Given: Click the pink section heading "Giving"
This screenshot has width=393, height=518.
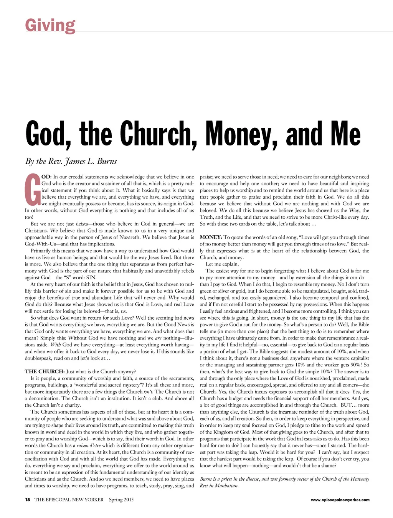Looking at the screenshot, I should (50, 25).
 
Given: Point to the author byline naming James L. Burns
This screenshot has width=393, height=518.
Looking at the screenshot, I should (71, 161).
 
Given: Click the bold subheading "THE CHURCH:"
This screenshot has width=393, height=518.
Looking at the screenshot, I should (45, 371).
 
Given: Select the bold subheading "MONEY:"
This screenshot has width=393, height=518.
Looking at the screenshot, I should (211, 237).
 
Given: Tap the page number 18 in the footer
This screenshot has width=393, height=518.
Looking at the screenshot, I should (28, 500).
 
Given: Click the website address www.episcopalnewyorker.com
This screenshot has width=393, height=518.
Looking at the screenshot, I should (340, 500).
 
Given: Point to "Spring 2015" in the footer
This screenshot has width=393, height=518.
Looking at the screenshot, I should (121, 500).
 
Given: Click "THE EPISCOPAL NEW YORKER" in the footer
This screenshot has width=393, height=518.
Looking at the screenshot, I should (69, 500).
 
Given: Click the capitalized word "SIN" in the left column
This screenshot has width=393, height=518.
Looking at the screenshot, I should (91, 277).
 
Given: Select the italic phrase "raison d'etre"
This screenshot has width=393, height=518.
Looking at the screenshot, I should (88, 445).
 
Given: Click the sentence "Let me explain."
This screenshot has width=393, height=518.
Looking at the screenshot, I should (222, 264).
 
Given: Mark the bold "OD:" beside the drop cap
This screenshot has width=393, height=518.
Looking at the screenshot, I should (46, 177).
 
